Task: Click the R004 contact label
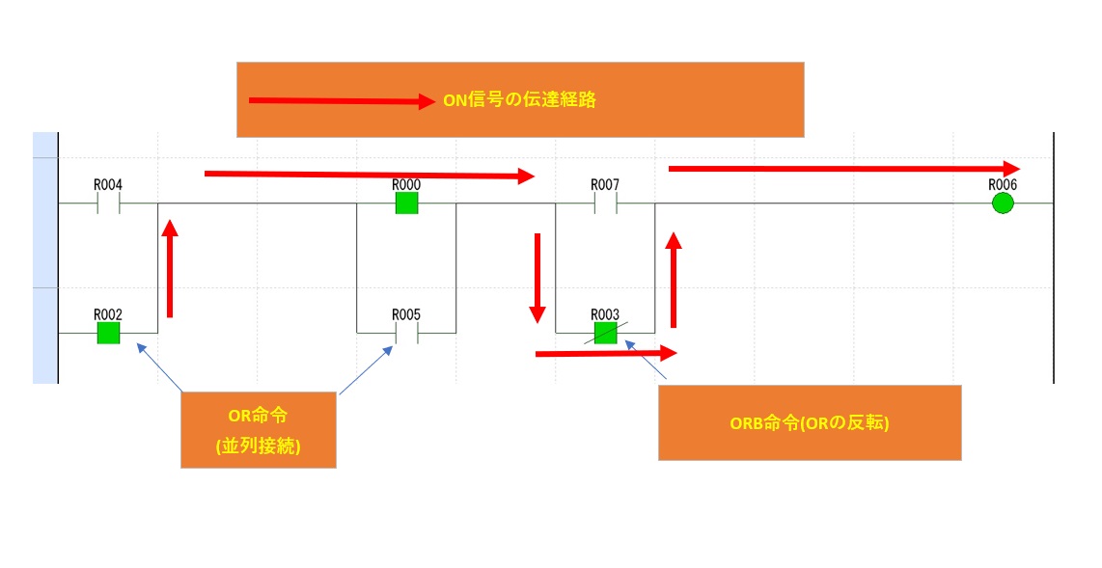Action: (107, 184)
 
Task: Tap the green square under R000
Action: (406, 203)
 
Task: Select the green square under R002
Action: (108, 333)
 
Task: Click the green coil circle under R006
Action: (1003, 203)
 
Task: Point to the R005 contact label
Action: (406, 314)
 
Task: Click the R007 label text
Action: (605, 184)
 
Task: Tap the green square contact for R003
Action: (605, 333)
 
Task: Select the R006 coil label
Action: (1003, 184)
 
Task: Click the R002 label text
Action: (107, 314)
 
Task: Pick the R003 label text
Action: (605, 314)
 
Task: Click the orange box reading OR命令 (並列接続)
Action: (258, 430)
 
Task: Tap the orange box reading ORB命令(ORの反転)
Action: (809, 422)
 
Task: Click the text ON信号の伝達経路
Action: (519, 99)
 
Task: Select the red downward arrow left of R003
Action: (537, 277)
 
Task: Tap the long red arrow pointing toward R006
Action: (843, 169)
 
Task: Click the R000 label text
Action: (406, 184)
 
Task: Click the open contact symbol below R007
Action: (605, 203)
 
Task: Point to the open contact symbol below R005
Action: (406, 333)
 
